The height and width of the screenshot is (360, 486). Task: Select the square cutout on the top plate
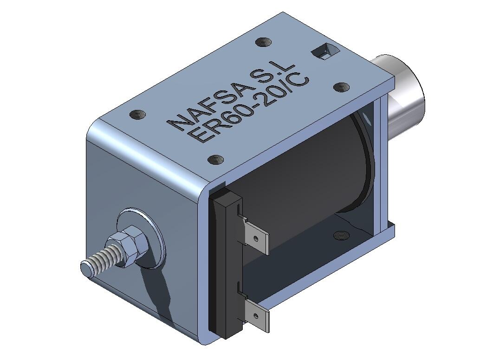coord(323,51)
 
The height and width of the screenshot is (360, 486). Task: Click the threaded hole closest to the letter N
coord(138,114)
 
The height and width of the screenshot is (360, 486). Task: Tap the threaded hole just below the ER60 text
coord(215,160)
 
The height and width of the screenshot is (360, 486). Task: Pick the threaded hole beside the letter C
coord(341,87)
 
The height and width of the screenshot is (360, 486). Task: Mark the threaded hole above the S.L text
coord(264,43)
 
